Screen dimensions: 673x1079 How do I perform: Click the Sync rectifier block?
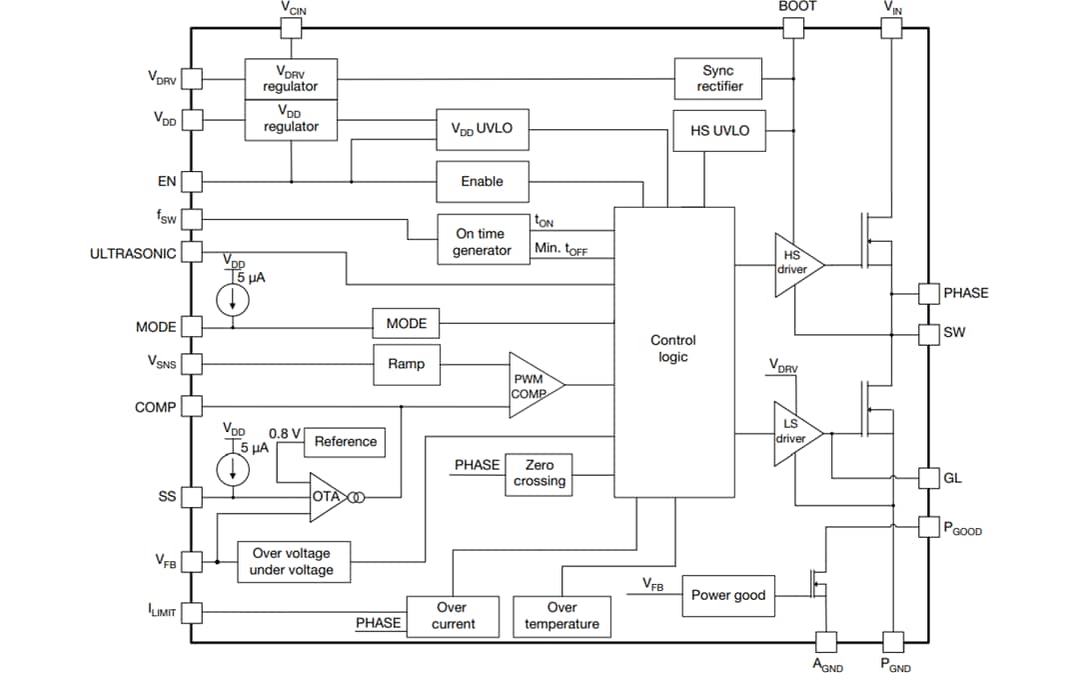717,78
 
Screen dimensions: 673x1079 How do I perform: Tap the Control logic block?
672,349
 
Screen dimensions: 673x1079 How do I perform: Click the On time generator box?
482,241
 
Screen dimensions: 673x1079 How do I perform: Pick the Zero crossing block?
539,473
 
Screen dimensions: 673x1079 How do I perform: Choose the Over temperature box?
561,616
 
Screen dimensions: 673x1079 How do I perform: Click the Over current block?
452,616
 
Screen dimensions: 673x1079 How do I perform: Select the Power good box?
728,595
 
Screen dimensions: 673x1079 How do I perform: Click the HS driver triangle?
794,263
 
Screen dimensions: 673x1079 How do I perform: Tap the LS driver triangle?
794,432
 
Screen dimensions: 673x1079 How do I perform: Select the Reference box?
346,441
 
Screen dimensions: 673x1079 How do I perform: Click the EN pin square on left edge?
192,182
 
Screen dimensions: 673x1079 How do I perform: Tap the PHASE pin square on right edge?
929,293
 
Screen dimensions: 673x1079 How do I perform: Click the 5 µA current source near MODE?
233,298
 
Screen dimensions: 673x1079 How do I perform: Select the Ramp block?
406,364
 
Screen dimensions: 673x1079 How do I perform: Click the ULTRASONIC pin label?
133,253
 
